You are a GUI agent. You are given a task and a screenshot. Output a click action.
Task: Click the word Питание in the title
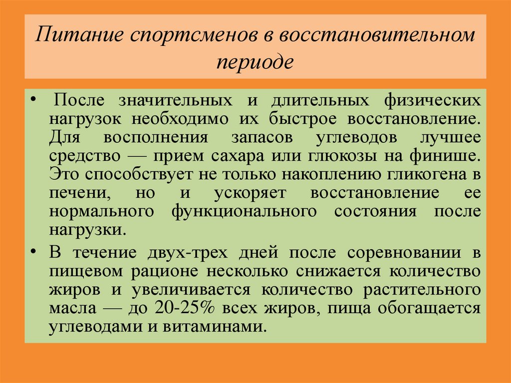coord(79,34)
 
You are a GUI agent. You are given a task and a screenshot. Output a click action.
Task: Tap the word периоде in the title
coord(255,62)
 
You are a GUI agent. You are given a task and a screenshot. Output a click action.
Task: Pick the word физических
coord(432,100)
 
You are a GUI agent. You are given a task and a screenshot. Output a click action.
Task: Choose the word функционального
coord(244,212)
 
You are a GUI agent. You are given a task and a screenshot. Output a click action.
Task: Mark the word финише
coord(445,156)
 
